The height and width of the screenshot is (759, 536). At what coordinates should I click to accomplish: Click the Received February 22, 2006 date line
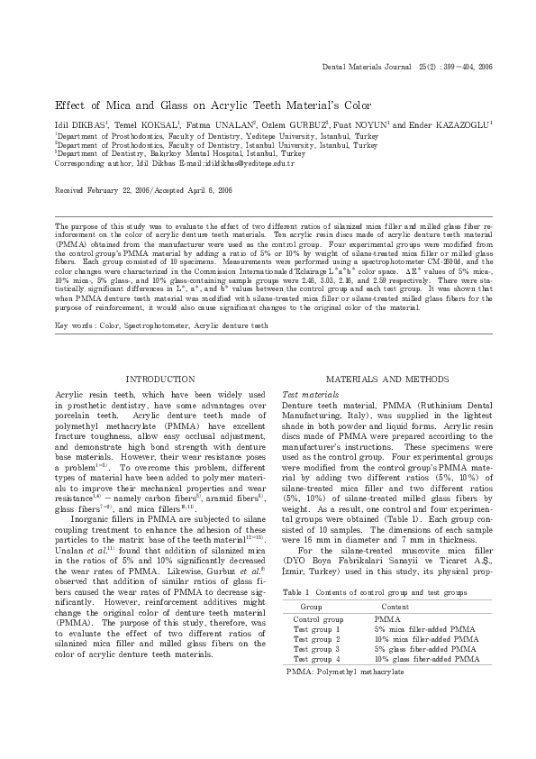click(143, 191)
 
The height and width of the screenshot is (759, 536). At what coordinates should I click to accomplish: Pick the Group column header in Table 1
click(311, 608)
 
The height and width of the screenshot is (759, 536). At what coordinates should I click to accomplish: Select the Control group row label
click(318, 620)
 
